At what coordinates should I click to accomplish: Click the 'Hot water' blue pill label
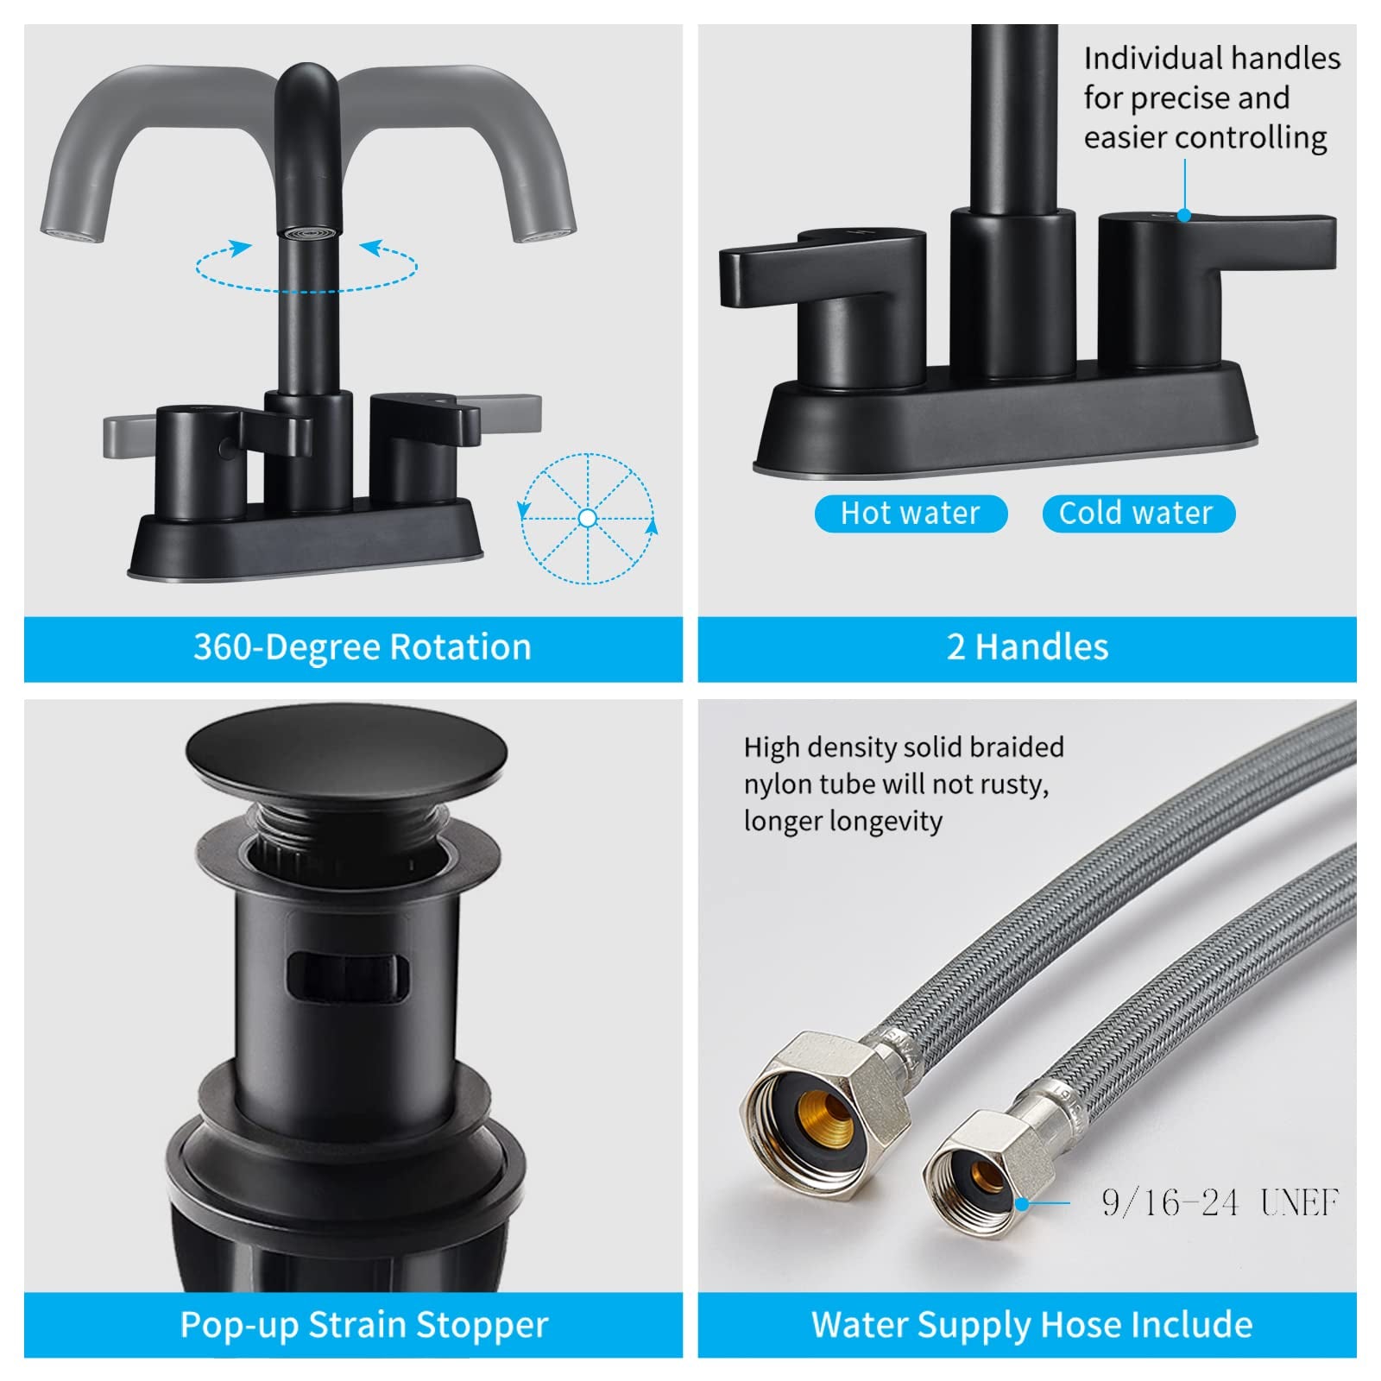[x=911, y=514]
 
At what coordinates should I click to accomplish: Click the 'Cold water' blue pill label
[x=1138, y=514]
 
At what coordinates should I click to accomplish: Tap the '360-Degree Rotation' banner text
[x=362, y=647]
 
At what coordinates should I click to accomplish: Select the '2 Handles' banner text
[x=1027, y=647]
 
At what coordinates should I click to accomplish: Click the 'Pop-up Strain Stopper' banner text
[x=363, y=1325]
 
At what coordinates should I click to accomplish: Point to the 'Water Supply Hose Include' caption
[x=1031, y=1325]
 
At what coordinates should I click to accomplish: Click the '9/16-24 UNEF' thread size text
[x=1220, y=1202]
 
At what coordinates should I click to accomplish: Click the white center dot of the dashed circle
[x=588, y=518]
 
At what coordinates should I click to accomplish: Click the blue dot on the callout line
[x=1184, y=215]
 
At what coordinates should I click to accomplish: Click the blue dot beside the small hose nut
[x=1021, y=1202]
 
